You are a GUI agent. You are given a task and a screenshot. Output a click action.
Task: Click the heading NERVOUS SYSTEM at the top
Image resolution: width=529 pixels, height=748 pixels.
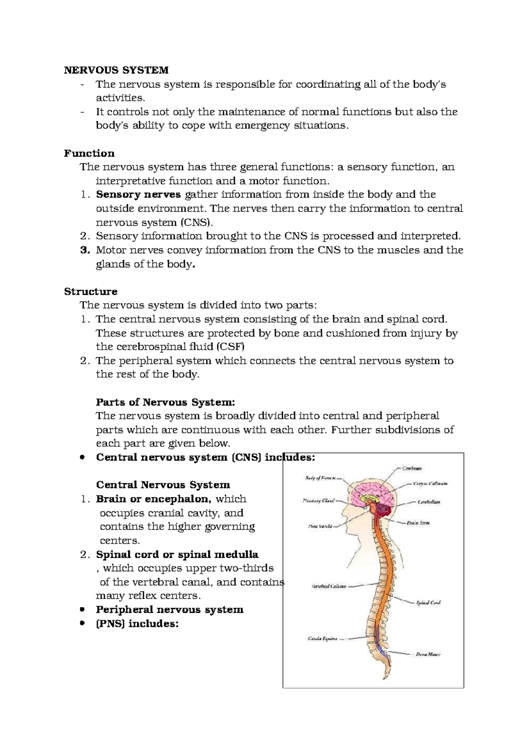pos(116,70)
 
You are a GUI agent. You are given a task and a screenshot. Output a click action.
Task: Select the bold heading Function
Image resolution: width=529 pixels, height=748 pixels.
pos(89,153)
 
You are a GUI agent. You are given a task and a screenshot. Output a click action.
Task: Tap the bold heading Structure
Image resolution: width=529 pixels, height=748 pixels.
pos(90,292)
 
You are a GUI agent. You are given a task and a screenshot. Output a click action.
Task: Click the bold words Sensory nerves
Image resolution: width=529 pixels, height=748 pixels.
pos(138,195)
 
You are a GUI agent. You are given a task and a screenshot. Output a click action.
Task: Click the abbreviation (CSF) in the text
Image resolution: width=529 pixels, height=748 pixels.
pos(230,347)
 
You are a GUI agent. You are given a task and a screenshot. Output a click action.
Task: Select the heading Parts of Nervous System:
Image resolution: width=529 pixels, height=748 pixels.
pos(165,402)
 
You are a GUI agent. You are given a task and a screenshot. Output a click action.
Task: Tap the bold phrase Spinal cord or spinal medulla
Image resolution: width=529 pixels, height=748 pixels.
pos(177,555)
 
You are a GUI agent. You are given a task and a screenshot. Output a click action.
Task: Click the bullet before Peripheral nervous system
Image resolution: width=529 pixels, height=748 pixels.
pos(82,610)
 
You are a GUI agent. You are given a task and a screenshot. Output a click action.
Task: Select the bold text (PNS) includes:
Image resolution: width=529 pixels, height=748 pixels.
pos(137,624)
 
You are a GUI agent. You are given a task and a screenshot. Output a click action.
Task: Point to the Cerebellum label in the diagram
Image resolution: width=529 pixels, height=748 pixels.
pos(429,502)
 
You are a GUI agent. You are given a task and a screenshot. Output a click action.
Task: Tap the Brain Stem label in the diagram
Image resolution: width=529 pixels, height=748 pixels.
pos(418,523)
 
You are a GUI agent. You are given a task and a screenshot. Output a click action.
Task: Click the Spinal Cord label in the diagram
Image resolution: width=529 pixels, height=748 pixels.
pos(428,603)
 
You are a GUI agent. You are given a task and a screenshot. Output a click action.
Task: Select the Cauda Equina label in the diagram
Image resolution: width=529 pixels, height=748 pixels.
pos(322,638)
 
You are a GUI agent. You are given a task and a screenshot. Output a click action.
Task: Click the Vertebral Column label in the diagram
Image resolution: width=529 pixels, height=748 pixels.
pos(329,586)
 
